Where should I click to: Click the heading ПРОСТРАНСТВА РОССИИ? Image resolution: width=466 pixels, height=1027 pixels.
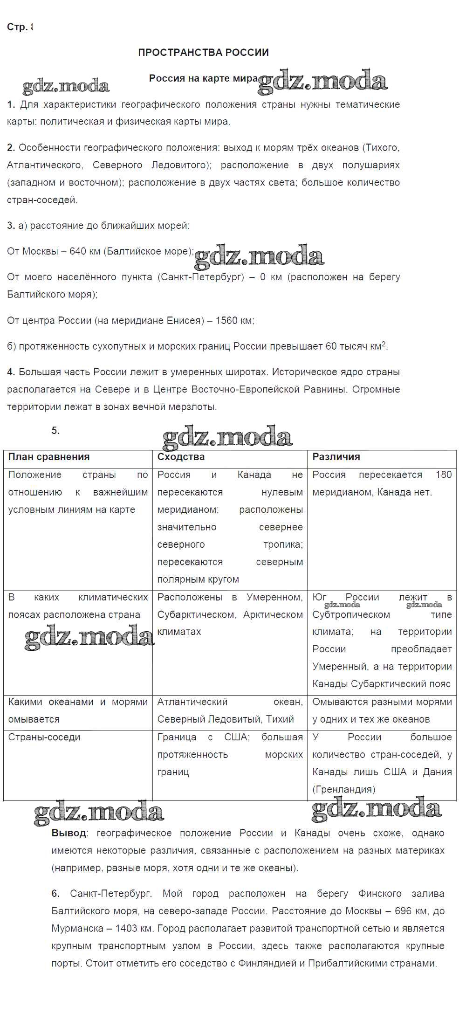point(203,52)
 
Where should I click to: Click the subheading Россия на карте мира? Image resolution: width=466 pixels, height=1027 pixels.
point(203,78)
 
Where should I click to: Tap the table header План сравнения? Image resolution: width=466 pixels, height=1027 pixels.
point(49,457)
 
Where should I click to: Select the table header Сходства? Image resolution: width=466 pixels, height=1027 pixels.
point(181,457)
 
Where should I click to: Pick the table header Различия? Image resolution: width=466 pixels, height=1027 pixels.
point(336,457)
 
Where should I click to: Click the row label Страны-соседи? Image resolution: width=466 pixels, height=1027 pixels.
point(44,737)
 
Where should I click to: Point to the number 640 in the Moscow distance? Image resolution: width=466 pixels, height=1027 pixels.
point(77,251)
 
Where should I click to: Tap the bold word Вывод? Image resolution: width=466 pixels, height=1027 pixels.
point(69,833)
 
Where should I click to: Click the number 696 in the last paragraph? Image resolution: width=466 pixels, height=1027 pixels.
point(404,911)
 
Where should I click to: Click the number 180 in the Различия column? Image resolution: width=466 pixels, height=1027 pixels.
point(444,475)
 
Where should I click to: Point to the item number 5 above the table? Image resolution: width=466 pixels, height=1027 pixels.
point(55,431)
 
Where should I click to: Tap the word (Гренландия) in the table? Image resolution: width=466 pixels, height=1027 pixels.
point(344,789)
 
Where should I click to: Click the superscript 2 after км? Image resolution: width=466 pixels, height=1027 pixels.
point(384,344)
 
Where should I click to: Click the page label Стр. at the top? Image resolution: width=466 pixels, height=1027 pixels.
point(17,27)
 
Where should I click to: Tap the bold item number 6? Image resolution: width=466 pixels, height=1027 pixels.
point(55,893)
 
